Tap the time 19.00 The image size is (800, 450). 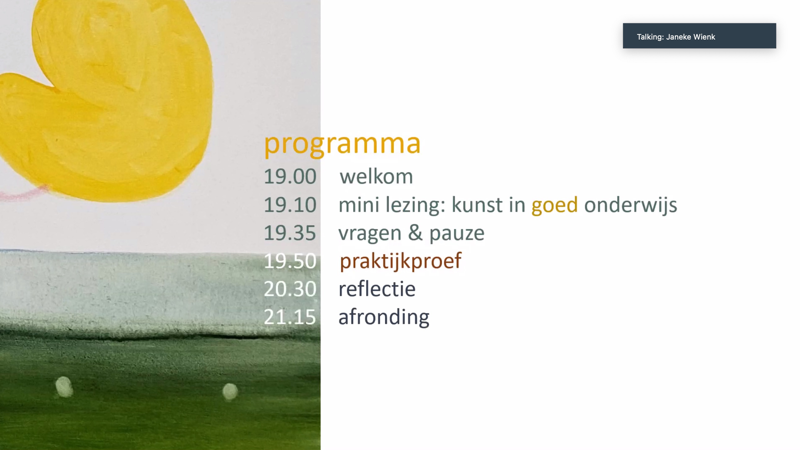(x=290, y=177)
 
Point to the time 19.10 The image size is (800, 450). (x=290, y=205)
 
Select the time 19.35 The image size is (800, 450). (x=290, y=233)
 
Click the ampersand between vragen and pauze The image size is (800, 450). (x=415, y=233)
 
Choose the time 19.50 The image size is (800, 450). (x=290, y=261)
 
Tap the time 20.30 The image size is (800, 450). (x=290, y=289)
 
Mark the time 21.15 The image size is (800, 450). (x=290, y=317)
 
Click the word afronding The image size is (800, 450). (x=384, y=317)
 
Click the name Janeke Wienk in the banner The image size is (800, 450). (x=691, y=37)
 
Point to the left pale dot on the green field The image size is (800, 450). (x=64, y=387)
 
